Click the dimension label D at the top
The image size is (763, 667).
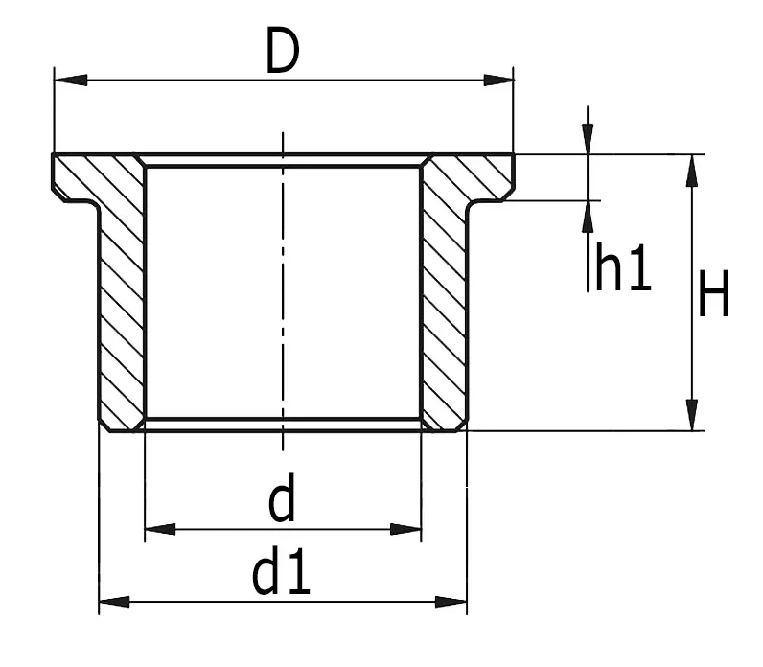tap(283, 52)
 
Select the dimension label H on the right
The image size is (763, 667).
tap(714, 295)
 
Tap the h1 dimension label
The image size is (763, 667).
tap(623, 268)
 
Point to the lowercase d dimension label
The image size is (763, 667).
tap(281, 501)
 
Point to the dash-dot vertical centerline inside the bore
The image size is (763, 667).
tap(283, 287)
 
